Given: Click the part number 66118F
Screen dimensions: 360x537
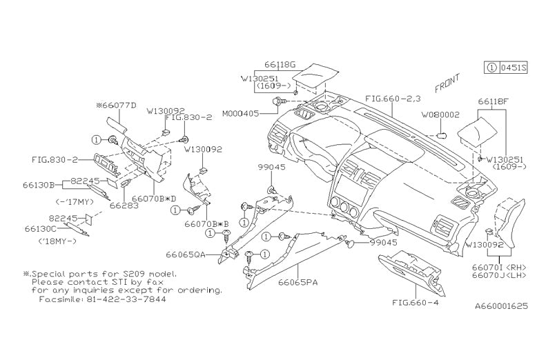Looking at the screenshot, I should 494,101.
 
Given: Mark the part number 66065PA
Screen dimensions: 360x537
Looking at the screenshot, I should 298,283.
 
